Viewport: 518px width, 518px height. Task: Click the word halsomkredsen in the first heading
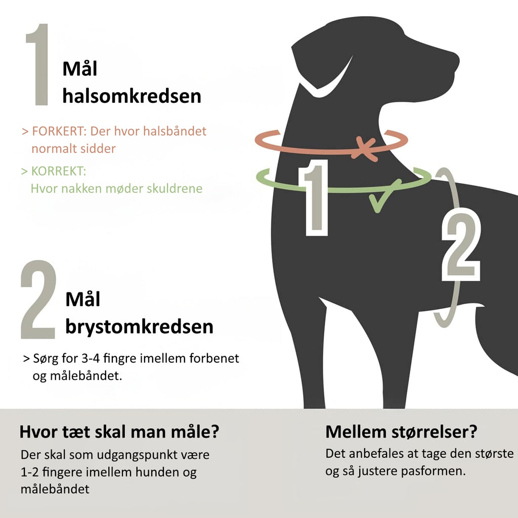pos(132,96)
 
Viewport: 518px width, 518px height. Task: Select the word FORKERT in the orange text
pos(59,131)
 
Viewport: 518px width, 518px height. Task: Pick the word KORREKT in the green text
pos(59,171)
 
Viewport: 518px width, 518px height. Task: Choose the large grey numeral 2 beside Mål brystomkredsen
pos(38,299)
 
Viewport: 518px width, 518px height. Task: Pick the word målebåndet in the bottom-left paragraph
pos(55,489)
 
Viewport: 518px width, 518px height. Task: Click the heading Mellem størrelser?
pos(401,432)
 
